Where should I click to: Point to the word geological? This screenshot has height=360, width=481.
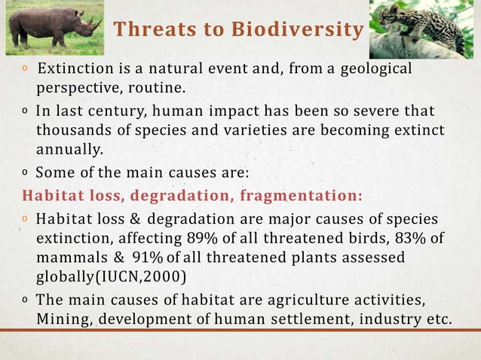[x=376, y=69]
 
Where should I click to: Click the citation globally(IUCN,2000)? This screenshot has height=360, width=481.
[x=110, y=276]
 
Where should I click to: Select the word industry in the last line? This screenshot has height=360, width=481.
[x=388, y=317]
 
